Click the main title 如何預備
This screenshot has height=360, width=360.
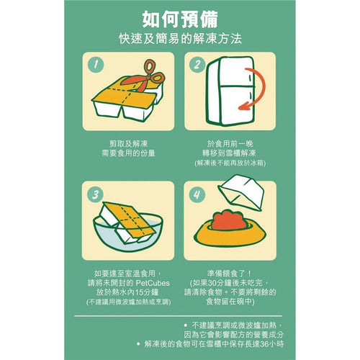point(179,17)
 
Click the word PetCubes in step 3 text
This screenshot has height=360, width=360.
point(150,282)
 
